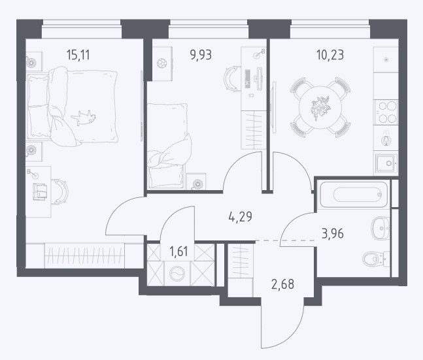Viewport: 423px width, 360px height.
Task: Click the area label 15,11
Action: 78,55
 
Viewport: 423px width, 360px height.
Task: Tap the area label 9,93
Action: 201,55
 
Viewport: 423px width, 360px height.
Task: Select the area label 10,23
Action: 330,55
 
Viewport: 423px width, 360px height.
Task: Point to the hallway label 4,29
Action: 240,216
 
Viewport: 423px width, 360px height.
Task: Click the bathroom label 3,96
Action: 333,233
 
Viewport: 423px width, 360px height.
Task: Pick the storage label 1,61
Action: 178,252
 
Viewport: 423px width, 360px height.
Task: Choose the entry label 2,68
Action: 282,284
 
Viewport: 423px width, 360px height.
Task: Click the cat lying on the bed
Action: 84,118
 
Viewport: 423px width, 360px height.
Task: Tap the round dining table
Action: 320,107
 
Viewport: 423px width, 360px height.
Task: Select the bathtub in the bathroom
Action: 354,195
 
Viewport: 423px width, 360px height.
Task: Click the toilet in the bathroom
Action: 376,259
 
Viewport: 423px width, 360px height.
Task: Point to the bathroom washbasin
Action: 381,229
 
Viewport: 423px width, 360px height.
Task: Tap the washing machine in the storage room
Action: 177,274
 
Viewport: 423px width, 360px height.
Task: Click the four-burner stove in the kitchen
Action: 386,112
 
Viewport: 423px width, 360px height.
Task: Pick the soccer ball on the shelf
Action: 161,63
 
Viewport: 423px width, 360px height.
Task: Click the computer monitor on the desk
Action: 260,79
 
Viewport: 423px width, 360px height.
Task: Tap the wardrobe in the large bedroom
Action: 84,255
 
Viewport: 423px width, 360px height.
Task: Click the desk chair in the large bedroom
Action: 60,191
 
